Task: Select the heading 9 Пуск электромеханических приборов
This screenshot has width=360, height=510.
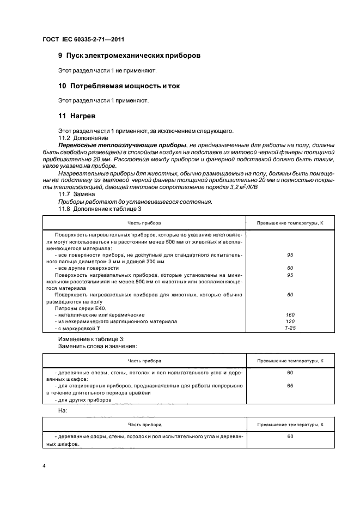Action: pos(129,56)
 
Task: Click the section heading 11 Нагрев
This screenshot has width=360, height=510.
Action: pos(78,116)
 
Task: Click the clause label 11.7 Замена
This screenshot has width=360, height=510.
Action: pos(77,194)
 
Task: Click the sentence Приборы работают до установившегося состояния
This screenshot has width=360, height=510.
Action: pos(135,201)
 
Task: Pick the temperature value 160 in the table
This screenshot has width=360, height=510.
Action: pos(290,314)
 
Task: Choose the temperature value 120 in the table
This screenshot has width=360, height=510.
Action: pos(290,321)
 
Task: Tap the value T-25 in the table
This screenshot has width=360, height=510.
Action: pos(290,329)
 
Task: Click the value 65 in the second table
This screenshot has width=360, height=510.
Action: pos(290,385)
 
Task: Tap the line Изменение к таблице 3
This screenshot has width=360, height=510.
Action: pos(91,339)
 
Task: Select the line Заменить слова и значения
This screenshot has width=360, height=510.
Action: pos(97,346)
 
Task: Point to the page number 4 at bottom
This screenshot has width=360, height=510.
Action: pos(44,466)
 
